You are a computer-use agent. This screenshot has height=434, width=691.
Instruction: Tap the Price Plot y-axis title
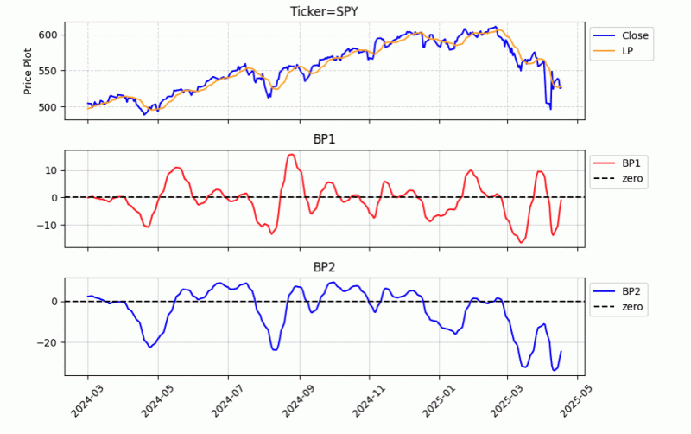click(29, 71)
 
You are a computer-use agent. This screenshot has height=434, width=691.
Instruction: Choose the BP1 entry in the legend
click(634, 163)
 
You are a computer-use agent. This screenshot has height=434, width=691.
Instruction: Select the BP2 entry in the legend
click(634, 290)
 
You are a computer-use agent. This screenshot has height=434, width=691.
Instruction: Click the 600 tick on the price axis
click(48, 35)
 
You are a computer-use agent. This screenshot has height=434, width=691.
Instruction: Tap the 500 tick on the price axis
click(48, 107)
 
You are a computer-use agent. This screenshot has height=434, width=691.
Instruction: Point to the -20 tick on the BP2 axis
click(48, 342)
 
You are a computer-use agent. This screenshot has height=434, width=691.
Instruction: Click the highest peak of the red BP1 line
click(291, 155)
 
